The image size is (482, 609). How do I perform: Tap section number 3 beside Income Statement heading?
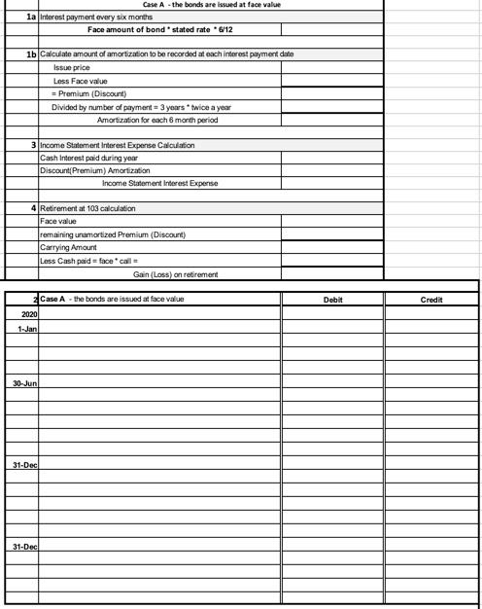pyautogui.click(x=34, y=144)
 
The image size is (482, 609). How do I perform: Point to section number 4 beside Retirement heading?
pyautogui.click(x=34, y=209)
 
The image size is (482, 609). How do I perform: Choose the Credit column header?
pyautogui.click(x=431, y=300)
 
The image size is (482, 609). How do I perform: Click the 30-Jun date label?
pyautogui.click(x=25, y=385)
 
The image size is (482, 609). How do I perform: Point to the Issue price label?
pyautogui.click(x=73, y=69)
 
